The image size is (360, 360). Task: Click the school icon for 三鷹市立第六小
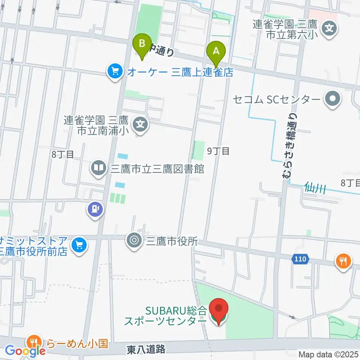tap(330, 27)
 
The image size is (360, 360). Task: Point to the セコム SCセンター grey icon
tap(332, 100)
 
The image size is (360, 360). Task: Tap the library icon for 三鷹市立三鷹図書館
tap(99, 168)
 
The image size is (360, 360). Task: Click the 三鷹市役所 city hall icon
tap(133, 240)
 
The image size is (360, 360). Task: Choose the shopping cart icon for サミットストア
tap(79, 246)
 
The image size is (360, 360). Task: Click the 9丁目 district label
tap(219, 151)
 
